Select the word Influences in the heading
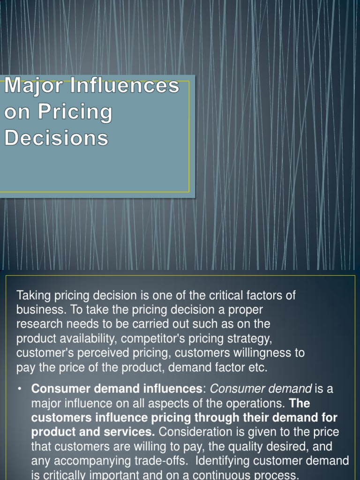tap(125, 86)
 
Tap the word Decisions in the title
tap(56, 138)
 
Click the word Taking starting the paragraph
tap(34, 296)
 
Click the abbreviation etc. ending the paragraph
tap(257, 367)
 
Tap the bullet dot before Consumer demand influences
tap(19, 389)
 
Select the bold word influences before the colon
tap(172, 389)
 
